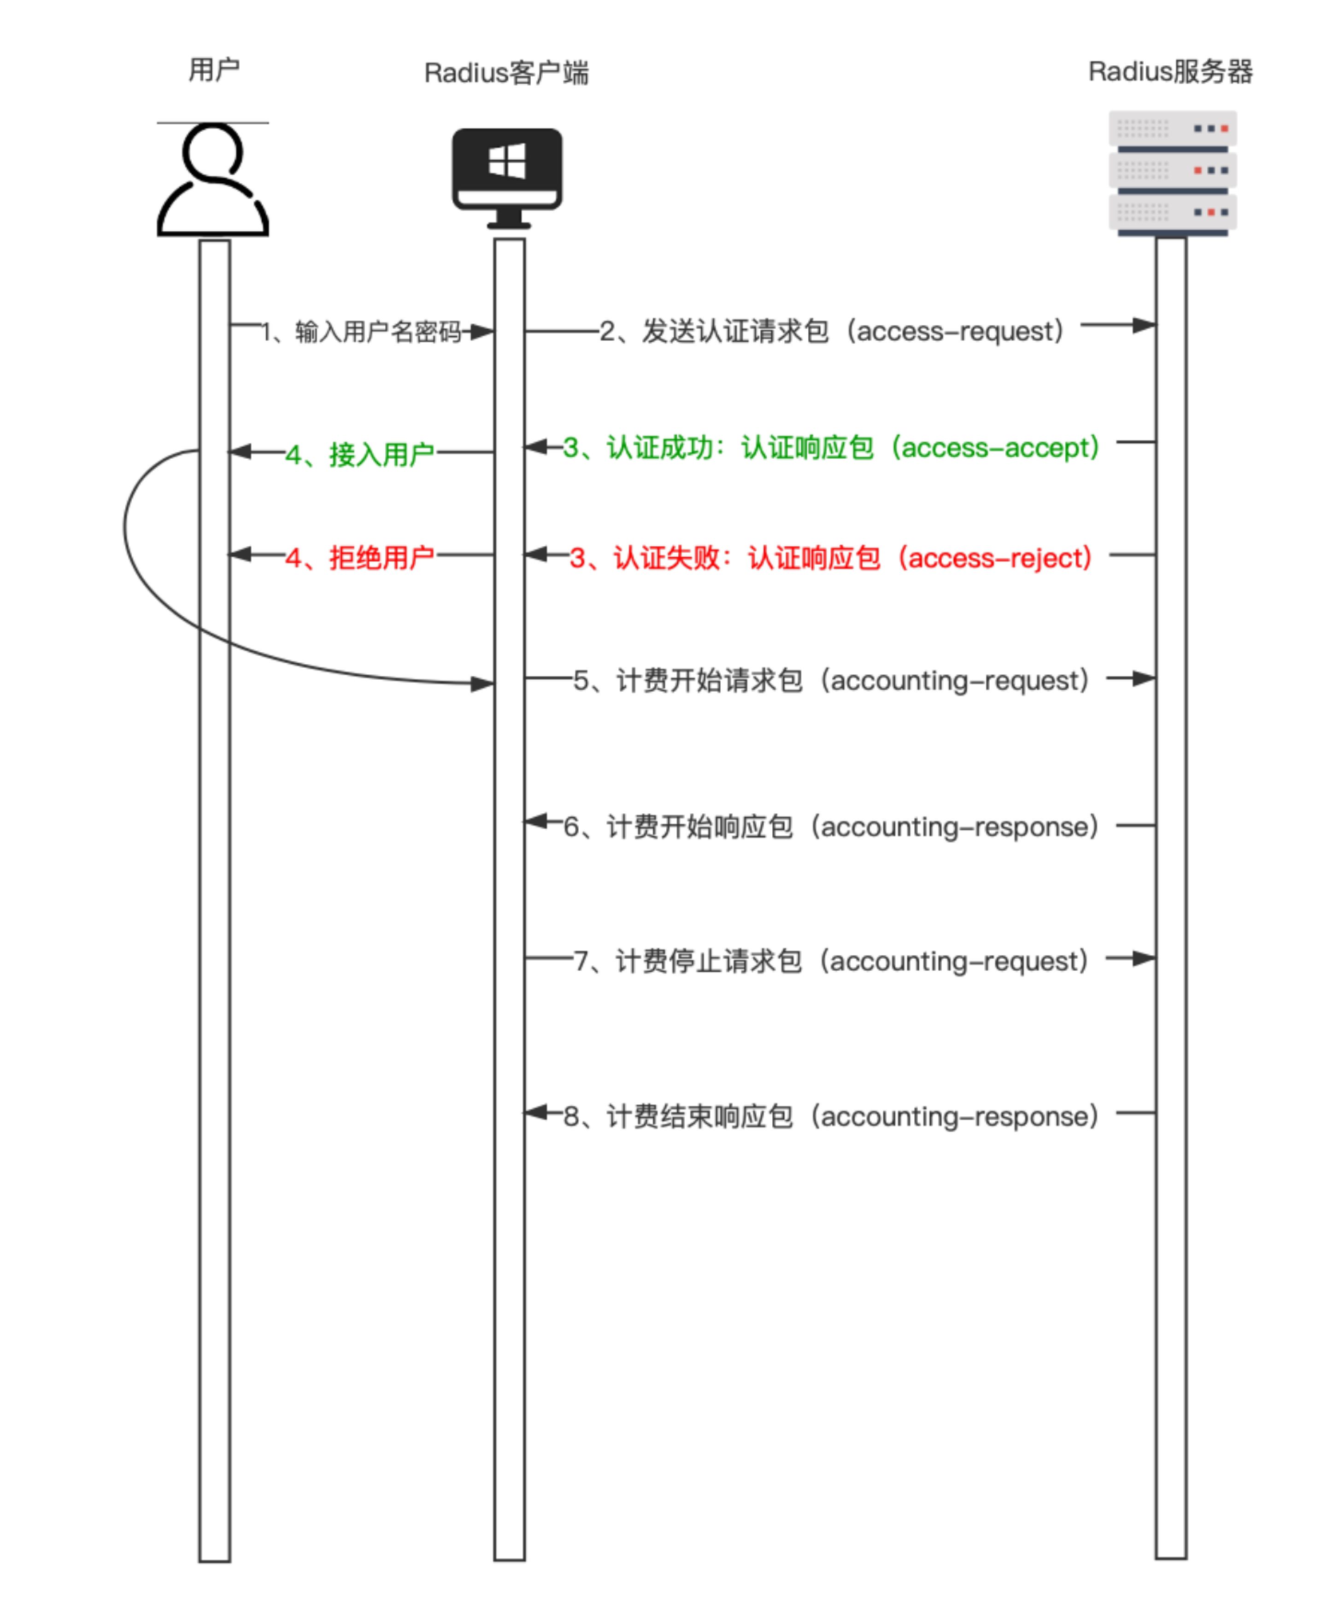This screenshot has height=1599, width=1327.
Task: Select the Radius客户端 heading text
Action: (x=506, y=73)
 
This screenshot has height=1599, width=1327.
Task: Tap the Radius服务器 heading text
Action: (x=1170, y=71)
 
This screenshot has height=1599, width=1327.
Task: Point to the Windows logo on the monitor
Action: (x=506, y=161)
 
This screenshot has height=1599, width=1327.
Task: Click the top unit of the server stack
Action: (x=1172, y=128)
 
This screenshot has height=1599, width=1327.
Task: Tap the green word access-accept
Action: (x=998, y=448)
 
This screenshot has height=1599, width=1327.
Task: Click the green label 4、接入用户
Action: (x=359, y=455)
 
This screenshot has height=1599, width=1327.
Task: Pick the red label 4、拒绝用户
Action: (x=359, y=558)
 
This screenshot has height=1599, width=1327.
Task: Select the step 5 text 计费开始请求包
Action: (x=709, y=680)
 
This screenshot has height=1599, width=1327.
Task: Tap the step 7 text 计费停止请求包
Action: (x=709, y=961)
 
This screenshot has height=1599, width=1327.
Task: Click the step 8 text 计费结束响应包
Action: (x=699, y=1116)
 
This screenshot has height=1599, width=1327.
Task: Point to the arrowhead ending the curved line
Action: (x=482, y=684)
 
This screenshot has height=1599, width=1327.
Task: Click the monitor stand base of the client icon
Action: (x=508, y=225)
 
